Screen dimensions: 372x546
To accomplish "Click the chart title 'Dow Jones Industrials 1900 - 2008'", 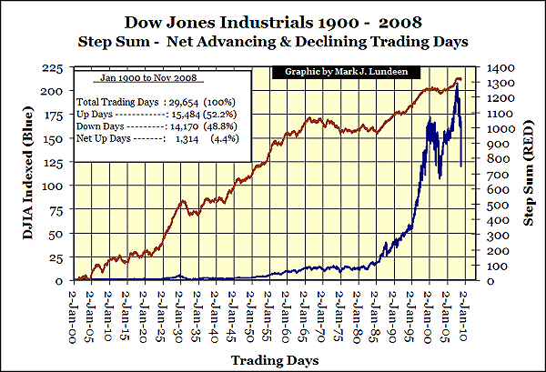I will (272, 20).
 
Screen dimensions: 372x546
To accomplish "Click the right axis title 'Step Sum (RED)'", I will (529, 173).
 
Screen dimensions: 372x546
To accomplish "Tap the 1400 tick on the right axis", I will (497, 68).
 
